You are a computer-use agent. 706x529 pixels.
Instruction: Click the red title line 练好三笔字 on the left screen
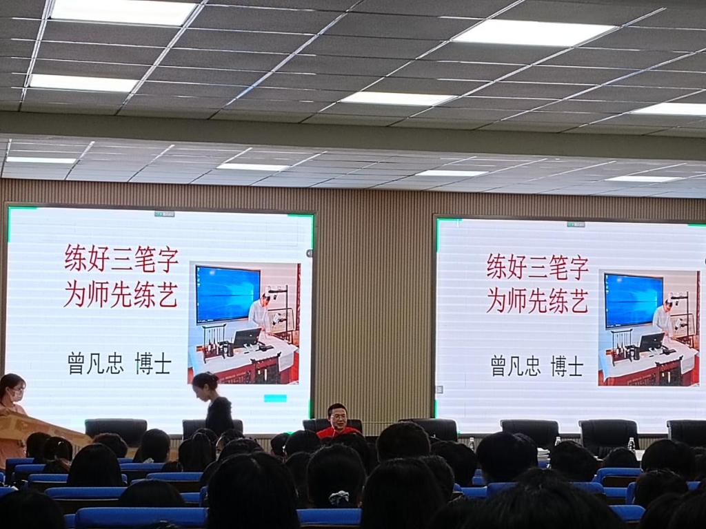click(121, 259)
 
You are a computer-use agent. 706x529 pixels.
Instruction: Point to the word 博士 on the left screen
click(153, 364)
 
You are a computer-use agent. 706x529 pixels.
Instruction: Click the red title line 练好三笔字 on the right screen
click(537, 267)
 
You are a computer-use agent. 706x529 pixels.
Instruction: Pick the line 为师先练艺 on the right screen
click(537, 300)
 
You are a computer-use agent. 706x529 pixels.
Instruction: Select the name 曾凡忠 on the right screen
click(516, 366)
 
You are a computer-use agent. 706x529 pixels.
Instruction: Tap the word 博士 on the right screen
click(567, 366)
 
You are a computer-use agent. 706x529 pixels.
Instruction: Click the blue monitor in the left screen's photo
click(228, 294)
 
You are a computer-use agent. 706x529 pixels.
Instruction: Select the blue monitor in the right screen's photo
click(633, 300)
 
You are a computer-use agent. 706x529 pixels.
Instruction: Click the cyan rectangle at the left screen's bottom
click(275, 398)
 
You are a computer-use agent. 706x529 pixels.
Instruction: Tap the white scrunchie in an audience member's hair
click(339, 497)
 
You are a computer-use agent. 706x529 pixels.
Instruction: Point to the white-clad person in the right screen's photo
click(663, 317)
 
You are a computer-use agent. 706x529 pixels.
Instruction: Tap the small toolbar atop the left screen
click(164, 214)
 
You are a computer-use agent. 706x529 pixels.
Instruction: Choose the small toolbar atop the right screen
click(576, 224)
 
